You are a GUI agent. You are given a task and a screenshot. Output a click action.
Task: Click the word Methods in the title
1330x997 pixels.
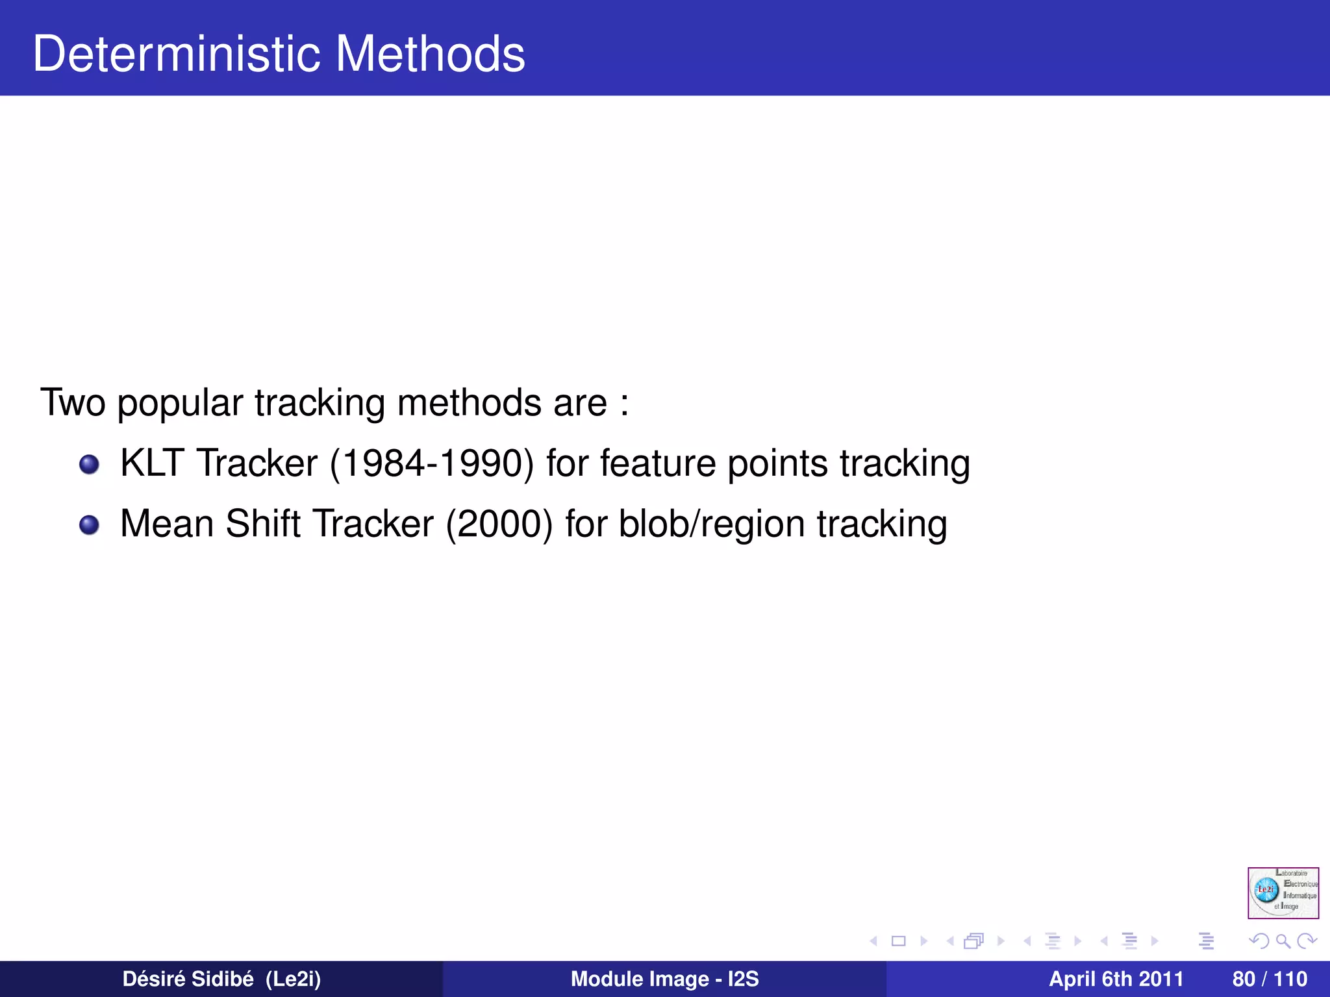(430, 54)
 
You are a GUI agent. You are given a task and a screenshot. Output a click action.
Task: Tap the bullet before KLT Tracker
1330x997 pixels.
(89, 465)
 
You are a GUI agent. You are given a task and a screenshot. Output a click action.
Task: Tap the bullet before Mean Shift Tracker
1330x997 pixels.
(89, 525)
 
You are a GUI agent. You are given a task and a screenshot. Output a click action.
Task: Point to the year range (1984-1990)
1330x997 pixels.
(432, 463)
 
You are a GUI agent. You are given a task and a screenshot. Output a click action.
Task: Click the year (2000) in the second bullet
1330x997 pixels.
(499, 524)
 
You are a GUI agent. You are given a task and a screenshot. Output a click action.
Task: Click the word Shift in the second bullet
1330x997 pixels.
(263, 524)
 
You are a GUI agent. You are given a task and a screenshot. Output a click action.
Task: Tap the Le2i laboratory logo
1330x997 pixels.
(1283, 892)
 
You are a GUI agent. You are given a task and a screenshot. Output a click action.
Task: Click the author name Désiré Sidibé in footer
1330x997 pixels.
(188, 979)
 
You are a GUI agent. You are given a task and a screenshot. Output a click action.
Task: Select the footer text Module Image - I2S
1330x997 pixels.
(664, 979)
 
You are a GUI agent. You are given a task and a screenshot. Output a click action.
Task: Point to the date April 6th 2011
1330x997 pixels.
(1116, 979)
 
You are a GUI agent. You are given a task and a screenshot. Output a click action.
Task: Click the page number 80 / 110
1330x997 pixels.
(1269, 979)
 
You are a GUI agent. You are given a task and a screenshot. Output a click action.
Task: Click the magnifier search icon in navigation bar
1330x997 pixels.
(1283, 941)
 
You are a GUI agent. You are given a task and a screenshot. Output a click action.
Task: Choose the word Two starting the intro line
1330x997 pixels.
(72, 402)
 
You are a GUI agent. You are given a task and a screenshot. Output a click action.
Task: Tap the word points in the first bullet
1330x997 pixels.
(777, 463)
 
